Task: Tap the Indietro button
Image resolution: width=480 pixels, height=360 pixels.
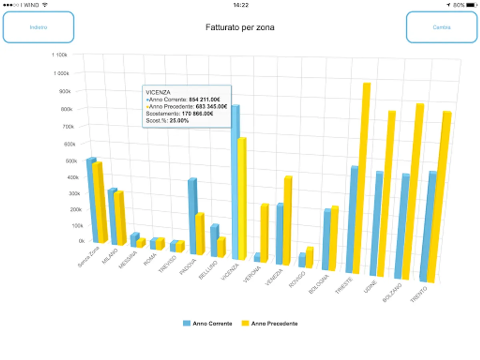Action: [x=38, y=27]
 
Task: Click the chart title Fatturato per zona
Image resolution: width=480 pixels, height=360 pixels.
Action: [x=240, y=28]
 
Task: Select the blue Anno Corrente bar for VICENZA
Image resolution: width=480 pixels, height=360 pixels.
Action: [x=235, y=180]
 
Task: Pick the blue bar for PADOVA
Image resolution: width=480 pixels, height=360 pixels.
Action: [x=192, y=216]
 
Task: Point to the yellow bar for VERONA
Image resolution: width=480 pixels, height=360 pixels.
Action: [x=264, y=232]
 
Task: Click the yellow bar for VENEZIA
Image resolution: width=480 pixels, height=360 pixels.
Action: [x=286, y=220]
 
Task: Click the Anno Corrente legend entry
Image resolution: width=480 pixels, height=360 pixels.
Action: [x=208, y=324]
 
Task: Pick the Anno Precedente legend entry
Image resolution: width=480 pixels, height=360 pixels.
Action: [x=270, y=324]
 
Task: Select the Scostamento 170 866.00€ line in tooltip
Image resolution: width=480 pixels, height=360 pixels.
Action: [x=180, y=114]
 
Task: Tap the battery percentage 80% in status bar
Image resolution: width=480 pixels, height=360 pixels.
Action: [x=459, y=5]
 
